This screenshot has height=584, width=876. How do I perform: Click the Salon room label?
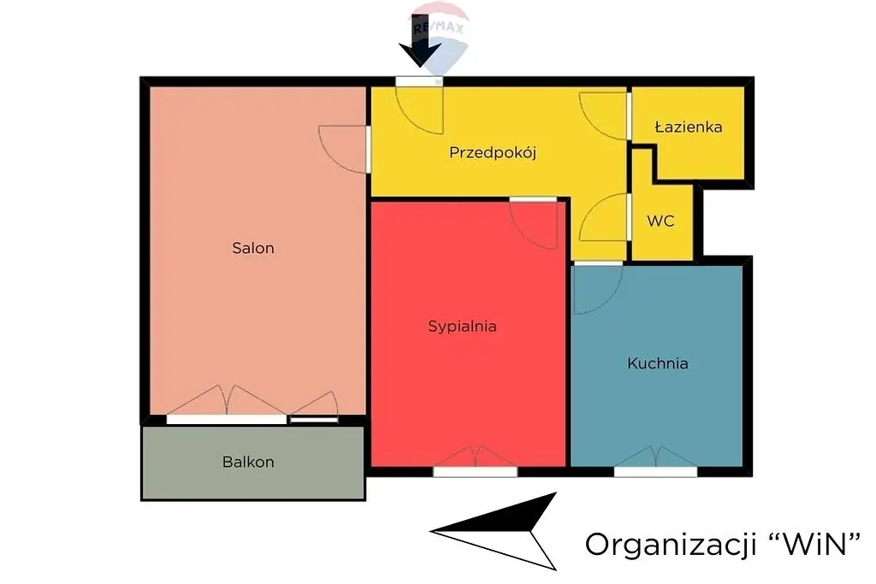tap(253, 248)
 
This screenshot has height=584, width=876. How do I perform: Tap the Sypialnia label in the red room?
tap(462, 327)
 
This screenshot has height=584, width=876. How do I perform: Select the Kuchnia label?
tap(658, 363)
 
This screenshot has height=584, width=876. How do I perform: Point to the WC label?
tap(660, 221)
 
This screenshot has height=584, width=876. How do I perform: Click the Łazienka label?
tap(689, 127)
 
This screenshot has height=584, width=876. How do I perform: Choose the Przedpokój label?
tap(493, 153)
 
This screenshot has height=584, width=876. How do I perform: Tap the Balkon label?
tap(248, 463)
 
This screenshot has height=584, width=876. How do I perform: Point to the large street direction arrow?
tap(494, 531)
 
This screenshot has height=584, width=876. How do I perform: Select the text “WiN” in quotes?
tap(814, 543)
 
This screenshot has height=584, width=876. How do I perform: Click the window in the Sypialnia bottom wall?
tap(476, 472)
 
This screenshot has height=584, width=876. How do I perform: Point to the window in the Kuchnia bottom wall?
tap(656, 472)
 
